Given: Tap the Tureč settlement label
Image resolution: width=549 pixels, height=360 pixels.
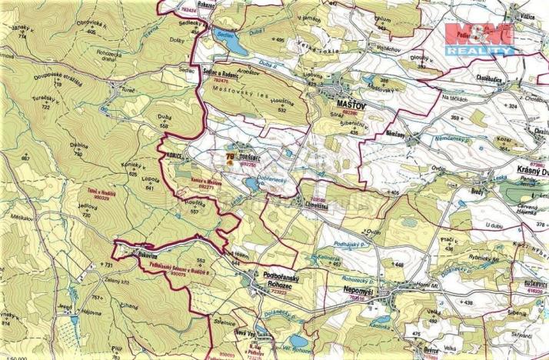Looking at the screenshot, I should click(127, 90).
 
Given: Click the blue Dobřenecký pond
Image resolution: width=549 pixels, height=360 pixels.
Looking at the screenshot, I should click(252, 185).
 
